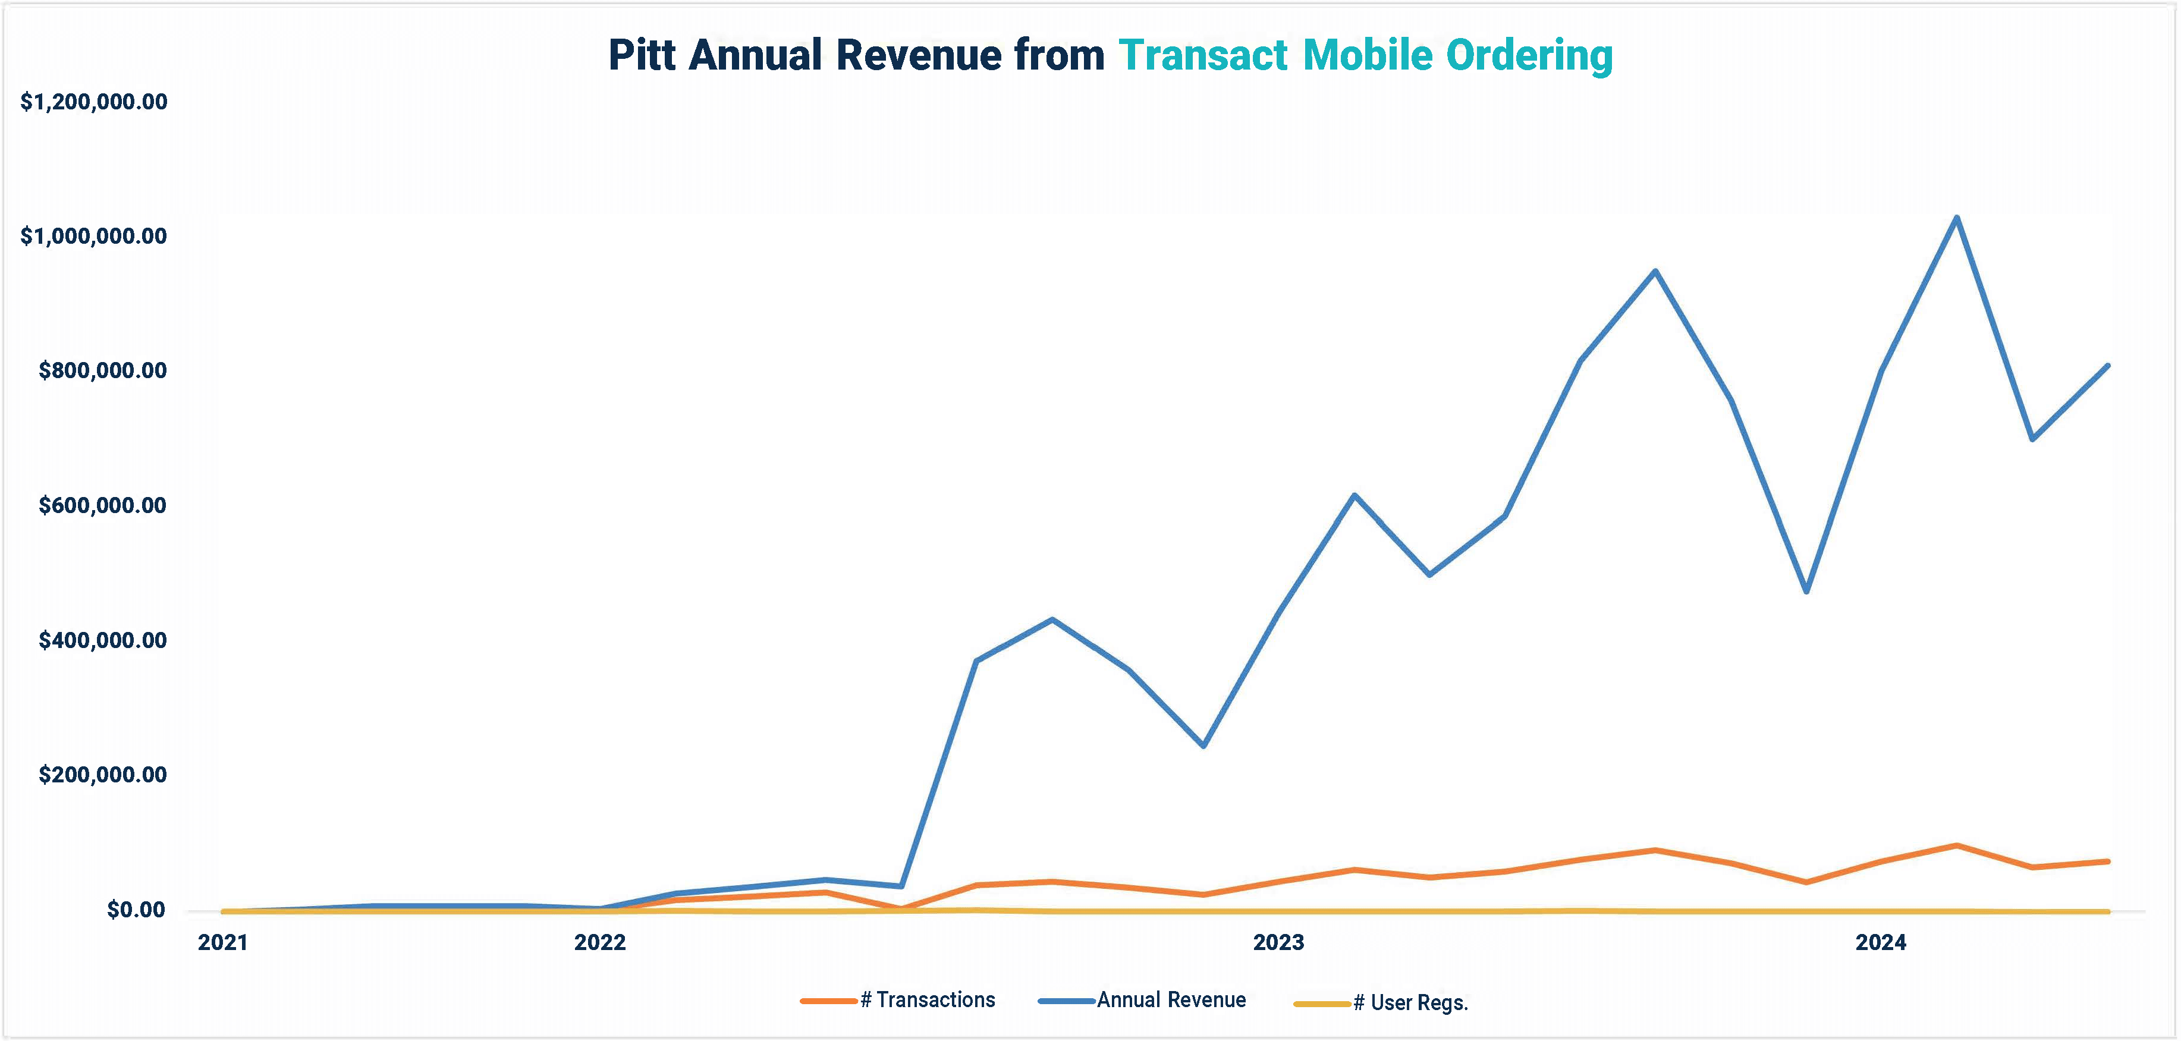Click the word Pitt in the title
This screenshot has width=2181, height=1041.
[x=642, y=56]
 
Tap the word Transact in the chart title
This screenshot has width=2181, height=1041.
[x=1203, y=56]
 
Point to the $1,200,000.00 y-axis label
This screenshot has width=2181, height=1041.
[x=94, y=102]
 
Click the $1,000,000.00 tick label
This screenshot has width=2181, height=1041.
[x=94, y=236]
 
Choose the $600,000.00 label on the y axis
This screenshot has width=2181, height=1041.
[x=102, y=506]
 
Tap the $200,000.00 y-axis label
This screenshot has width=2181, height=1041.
[x=102, y=775]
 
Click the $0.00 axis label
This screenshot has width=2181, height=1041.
[x=136, y=910]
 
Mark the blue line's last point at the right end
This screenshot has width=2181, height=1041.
[x=2107, y=366]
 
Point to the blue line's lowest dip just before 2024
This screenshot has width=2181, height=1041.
[x=1807, y=591]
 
